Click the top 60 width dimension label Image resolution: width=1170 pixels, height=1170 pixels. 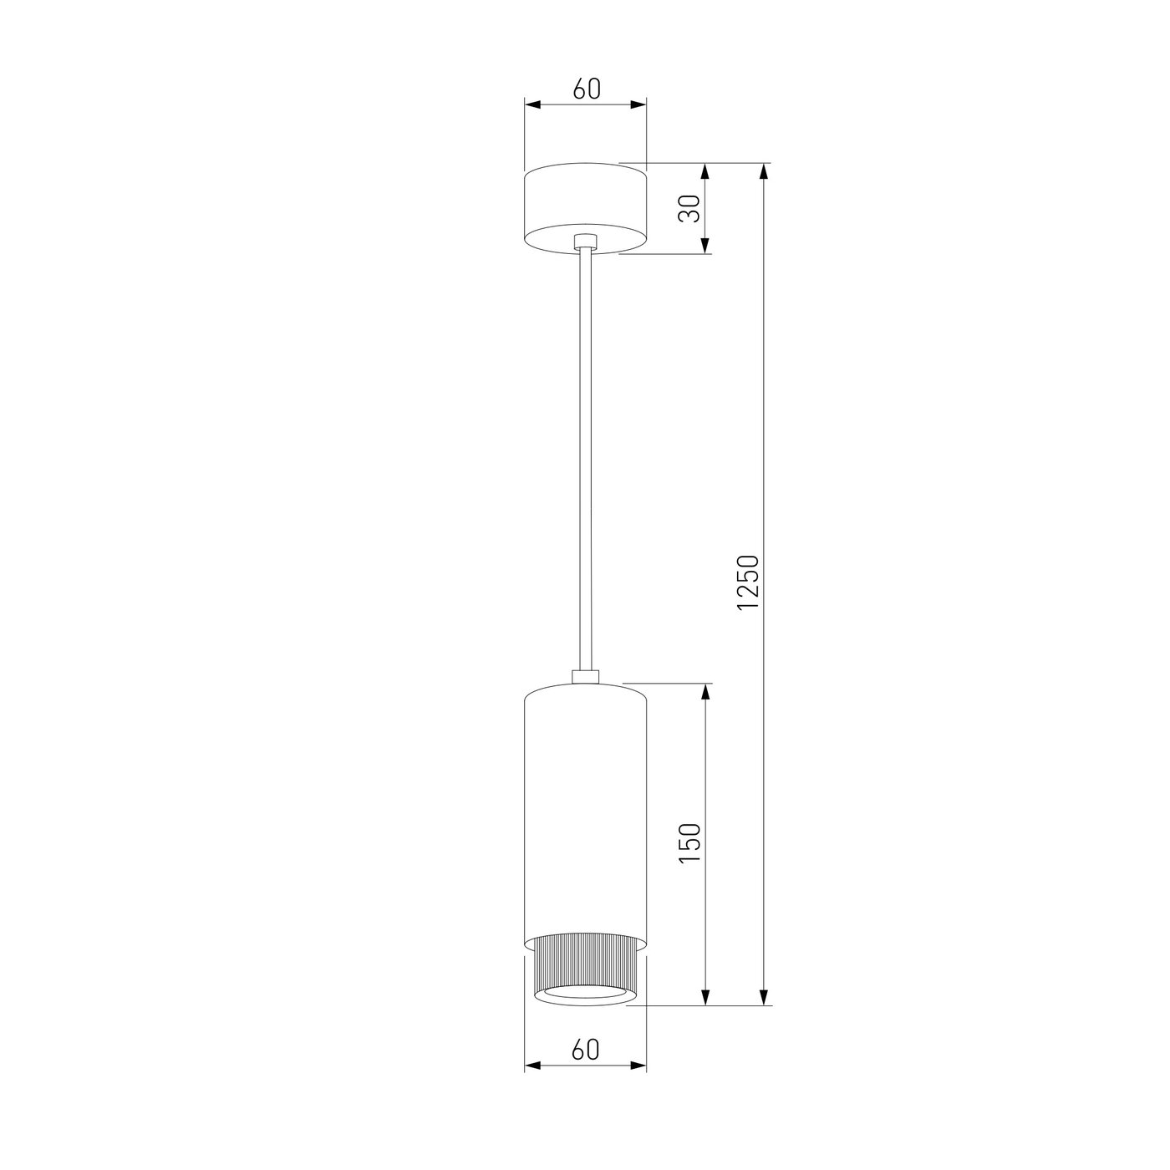click(587, 89)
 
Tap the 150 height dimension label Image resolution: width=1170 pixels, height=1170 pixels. click(691, 843)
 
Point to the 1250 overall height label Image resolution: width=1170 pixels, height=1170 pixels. click(747, 582)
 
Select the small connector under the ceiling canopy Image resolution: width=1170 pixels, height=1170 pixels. click(585, 241)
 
